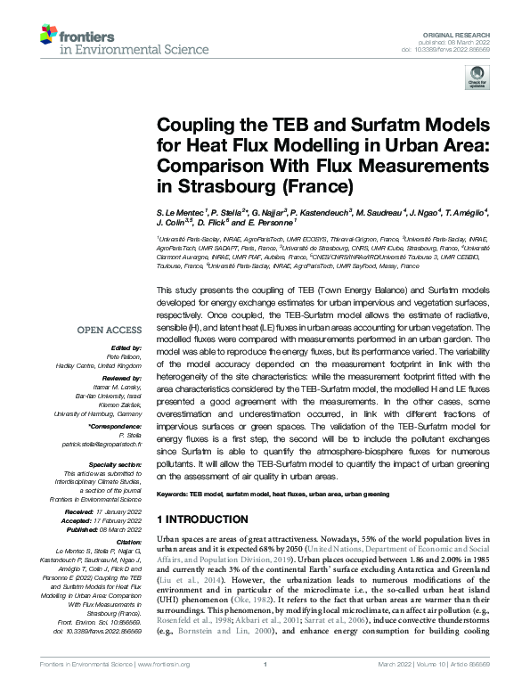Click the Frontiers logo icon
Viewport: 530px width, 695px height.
(49, 37)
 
